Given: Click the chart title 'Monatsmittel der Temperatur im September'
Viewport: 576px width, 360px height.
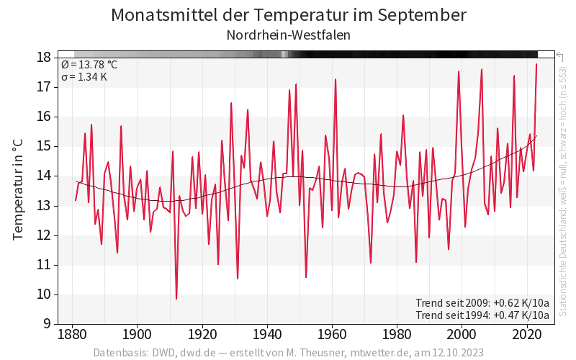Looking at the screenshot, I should click(x=289, y=15).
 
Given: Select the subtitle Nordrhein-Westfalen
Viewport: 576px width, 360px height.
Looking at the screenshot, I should click(x=289, y=35).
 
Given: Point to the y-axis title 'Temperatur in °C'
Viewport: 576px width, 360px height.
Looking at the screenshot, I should click(x=19, y=190).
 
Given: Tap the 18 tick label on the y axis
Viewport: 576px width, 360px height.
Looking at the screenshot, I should click(x=43, y=58).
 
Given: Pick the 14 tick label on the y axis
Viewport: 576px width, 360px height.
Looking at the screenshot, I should click(x=43, y=176).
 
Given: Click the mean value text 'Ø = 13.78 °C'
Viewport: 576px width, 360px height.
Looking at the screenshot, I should click(x=89, y=65).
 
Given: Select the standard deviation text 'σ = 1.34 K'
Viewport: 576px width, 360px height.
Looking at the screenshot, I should click(x=84, y=77).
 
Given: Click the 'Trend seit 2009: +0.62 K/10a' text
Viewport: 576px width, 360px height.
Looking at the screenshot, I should click(x=482, y=302).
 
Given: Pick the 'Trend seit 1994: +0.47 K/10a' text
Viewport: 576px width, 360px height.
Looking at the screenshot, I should click(x=482, y=315).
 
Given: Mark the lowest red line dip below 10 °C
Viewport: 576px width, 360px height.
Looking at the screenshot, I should click(x=176, y=299).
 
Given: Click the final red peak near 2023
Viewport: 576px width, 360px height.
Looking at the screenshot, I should click(x=536, y=65).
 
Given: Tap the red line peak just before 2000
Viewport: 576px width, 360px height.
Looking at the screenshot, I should click(x=459, y=71).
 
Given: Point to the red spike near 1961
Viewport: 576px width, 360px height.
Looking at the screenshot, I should click(x=336, y=79).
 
